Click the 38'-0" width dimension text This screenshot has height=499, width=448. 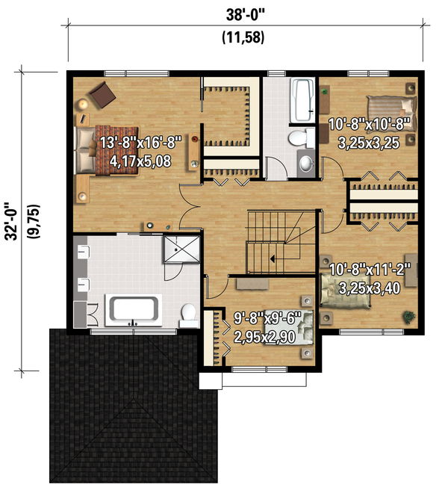point(245,15)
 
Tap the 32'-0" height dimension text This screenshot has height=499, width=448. point(12,222)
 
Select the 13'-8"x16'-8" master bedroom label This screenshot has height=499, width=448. point(140,142)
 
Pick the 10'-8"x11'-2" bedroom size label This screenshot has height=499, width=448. point(370,270)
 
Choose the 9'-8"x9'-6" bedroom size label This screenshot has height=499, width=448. point(267,318)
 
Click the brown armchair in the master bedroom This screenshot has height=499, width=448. point(102,94)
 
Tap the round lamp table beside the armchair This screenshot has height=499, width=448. point(84,104)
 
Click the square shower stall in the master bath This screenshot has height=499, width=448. point(181,249)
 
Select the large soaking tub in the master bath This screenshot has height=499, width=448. point(134,310)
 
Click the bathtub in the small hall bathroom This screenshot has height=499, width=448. point(302,99)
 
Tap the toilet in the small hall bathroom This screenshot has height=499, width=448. point(301,137)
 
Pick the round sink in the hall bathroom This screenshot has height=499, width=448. point(306,163)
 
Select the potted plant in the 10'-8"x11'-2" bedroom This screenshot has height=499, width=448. point(408,317)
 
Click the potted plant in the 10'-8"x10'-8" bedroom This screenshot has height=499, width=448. point(324,92)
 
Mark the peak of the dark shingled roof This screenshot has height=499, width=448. point(134,398)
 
